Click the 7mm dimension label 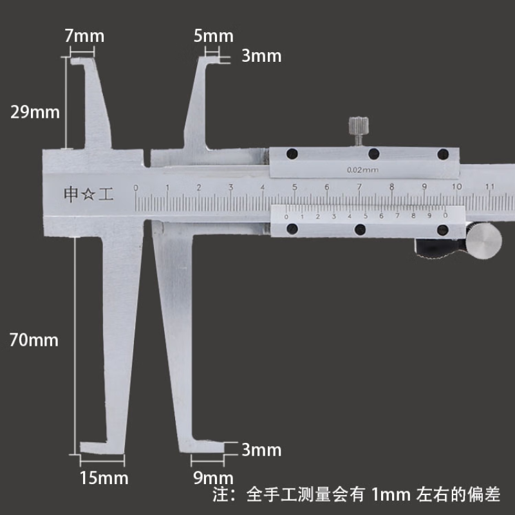(x=84, y=36)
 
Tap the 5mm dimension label (x=214, y=36)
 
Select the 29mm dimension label (x=35, y=112)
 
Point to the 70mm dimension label (x=34, y=340)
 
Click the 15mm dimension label (x=104, y=478)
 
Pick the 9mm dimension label (x=214, y=478)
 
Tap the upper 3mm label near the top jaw (x=261, y=56)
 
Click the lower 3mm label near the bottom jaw (x=261, y=449)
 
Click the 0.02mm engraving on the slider (x=362, y=170)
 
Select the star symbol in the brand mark (x=88, y=194)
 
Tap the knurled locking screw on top (x=359, y=131)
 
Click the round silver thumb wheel (x=483, y=241)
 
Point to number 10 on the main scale (x=457, y=187)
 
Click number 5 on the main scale (x=295, y=187)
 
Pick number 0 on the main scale (x=136, y=188)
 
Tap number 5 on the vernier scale (x=365, y=216)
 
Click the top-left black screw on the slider (x=292, y=153)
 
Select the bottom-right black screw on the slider (x=443, y=230)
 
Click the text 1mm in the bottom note (x=391, y=494)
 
